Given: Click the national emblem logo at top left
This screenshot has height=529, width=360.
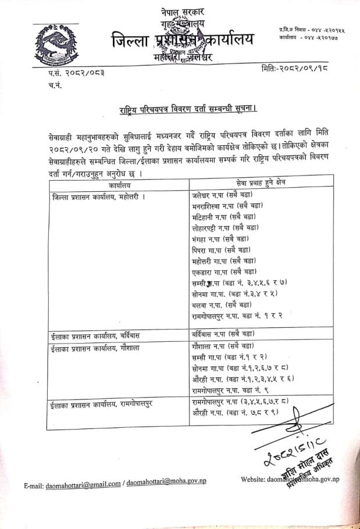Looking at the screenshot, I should pos(56,44).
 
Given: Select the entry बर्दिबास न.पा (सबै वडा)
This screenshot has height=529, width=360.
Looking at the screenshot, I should pos(223,334).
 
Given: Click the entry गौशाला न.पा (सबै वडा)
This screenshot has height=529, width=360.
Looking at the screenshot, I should pos(223,345).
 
